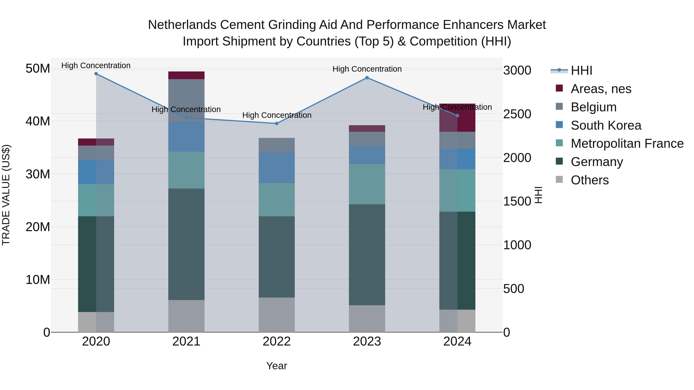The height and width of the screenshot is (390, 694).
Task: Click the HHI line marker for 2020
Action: (96, 74)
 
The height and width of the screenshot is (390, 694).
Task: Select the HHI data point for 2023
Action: (367, 78)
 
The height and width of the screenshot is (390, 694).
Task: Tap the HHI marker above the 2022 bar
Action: (277, 123)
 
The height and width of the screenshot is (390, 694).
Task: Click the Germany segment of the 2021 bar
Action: (186, 244)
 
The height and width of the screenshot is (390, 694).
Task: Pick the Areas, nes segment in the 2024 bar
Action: (457, 118)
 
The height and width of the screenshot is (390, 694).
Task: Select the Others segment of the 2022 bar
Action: (277, 315)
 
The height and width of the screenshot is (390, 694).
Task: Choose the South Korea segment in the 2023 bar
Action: (367, 155)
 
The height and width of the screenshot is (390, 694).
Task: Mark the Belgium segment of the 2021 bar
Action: (186, 100)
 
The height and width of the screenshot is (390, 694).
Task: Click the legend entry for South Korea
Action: (606, 125)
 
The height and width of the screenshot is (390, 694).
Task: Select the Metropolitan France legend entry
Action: (627, 143)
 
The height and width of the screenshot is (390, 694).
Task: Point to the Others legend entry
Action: (590, 180)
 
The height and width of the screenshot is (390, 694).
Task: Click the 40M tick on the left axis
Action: (38, 121)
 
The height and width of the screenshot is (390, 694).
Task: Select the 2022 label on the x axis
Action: (277, 341)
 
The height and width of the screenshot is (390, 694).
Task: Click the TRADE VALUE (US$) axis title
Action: (6, 195)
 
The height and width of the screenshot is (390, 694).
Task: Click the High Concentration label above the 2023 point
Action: (367, 69)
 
